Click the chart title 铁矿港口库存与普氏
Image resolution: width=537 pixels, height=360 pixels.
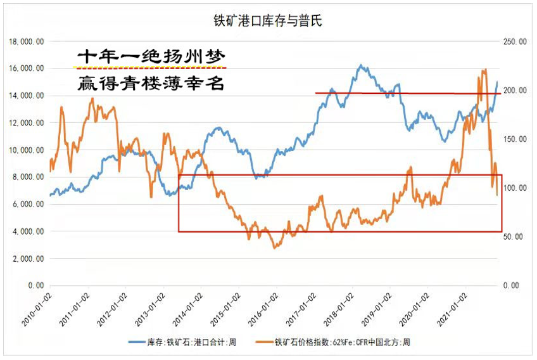(x=268, y=22)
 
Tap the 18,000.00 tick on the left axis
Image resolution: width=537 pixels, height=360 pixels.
(x=26, y=41)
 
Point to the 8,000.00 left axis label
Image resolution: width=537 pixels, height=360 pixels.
(x=27, y=177)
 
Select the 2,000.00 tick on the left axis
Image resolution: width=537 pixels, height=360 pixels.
(x=27, y=259)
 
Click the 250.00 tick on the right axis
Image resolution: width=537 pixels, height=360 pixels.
(x=514, y=41)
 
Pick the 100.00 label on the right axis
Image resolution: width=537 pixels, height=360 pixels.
(x=514, y=188)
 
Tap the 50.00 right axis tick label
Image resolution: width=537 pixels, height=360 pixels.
(x=515, y=237)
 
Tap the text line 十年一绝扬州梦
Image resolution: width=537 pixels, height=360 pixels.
(x=149, y=56)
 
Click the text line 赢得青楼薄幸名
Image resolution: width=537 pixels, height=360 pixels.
(x=149, y=82)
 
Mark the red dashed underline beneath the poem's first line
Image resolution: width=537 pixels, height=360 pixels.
(x=149, y=68)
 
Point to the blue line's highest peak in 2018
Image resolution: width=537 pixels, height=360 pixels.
(x=360, y=65)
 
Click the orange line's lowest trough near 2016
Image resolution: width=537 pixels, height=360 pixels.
(x=275, y=247)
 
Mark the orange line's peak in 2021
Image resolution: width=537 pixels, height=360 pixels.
(x=484, y=70)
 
